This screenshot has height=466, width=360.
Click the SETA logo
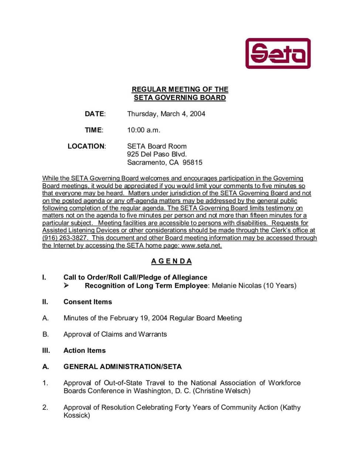click(278, 54)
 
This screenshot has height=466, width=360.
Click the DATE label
click(95, 114)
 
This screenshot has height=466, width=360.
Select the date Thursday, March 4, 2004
click(166, 114)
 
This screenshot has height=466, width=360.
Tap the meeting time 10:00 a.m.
click(143, 130)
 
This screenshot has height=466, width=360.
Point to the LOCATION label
click(86, 146)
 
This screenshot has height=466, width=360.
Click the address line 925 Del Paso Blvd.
click(157, 154)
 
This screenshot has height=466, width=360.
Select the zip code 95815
click(192, 163)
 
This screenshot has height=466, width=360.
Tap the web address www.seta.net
click(201, 246)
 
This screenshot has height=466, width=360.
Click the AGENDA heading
click(171, 261)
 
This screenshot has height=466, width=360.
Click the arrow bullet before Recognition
click(66, 286)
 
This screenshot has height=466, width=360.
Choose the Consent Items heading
click(88, 302)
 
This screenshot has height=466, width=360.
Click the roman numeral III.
click(46, 351)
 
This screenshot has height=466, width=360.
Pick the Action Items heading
click(85, 351)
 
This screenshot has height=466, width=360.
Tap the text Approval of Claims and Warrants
click(115, 334)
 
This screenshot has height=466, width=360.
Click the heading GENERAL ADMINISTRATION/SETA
click(122, 367)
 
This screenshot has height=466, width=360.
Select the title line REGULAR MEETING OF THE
click(180, 90)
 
